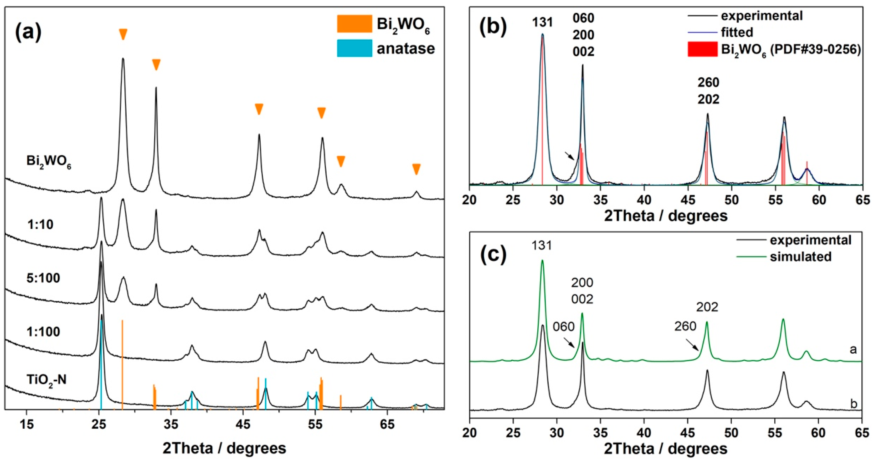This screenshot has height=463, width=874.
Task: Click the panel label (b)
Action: pos(493,27)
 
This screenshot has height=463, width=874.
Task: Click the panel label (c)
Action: pos(493,254)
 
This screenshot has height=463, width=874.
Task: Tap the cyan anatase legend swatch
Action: pos(354,48)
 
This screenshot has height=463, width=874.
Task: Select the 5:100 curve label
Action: pos(43,278)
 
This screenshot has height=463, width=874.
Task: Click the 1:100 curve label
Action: pos(43,332)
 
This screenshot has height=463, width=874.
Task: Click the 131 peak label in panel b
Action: pos(542,22)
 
